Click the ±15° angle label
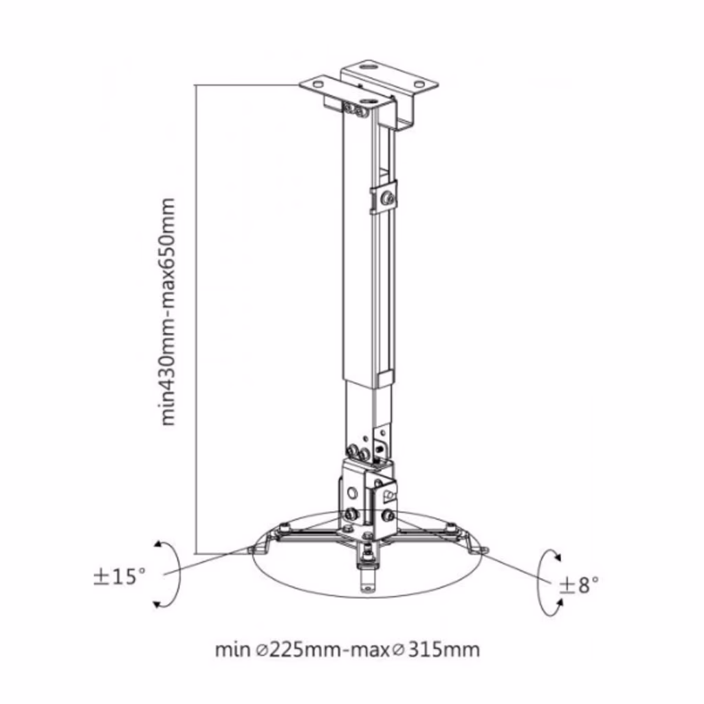(120, 577)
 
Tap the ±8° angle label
(579, 585)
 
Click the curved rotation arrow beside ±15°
(172, 575)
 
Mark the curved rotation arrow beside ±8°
(544, 582)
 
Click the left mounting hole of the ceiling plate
(318, 84)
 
